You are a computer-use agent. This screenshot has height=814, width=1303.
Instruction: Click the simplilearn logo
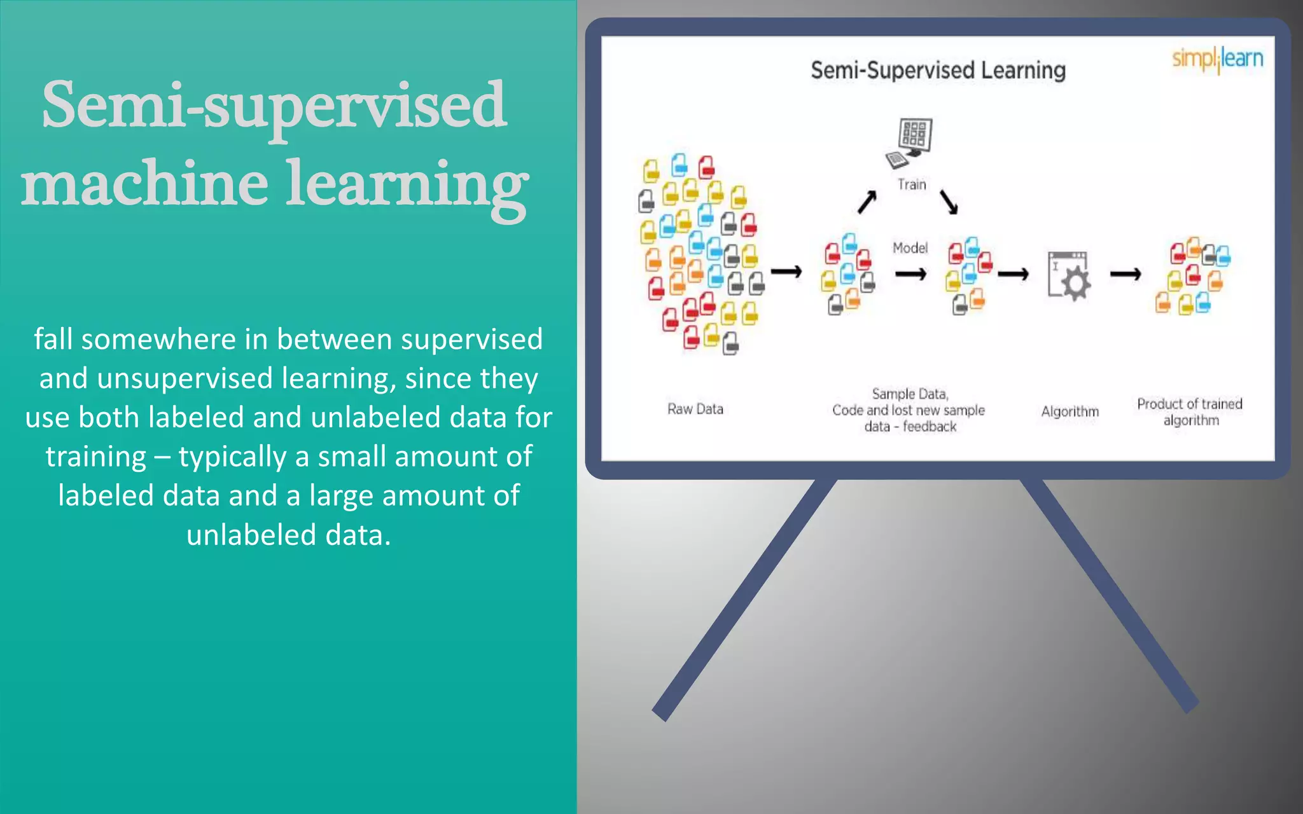[1217, 59]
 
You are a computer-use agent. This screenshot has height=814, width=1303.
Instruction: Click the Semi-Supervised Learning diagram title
[938, 70]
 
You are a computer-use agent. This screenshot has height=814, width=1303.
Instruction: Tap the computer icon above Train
[910, 142]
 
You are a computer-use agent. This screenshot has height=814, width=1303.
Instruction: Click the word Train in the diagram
[912, 184]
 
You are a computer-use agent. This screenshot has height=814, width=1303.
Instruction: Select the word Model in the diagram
[910, 248]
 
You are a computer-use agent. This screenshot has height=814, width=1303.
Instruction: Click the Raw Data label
[695, 409]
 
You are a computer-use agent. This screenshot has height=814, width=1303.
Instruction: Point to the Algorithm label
[1070, 411]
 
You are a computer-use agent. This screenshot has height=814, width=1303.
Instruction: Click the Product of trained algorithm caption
[1190, 412]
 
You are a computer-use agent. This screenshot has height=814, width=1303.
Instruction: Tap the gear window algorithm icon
[1069, 276]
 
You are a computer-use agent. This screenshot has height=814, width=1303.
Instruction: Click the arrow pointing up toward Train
[867, 202]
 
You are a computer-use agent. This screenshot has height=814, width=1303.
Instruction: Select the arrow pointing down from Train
[949, 202]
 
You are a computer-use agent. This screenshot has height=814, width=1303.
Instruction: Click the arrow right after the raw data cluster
[786, 272]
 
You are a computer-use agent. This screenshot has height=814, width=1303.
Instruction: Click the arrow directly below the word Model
[910, 274]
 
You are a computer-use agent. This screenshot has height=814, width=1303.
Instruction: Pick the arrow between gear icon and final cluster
[1125, 274]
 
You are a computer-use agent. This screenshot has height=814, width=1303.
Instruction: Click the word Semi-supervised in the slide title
[274, 105]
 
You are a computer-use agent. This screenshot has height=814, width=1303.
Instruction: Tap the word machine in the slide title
[144, 184]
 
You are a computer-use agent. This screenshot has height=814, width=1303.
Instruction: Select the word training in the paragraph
[96, 457]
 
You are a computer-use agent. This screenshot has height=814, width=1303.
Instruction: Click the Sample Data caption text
[909, 410]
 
